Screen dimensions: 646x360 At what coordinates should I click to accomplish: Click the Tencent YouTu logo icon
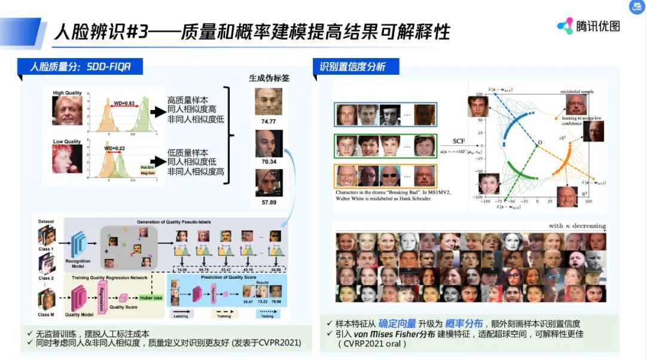(565, 26)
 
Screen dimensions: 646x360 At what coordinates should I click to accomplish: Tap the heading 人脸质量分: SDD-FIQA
(80, 66)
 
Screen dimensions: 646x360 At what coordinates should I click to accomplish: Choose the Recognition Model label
(79, 263)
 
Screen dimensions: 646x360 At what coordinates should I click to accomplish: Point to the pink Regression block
(102, 295)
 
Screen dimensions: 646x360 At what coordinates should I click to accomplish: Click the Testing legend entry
(267, 315)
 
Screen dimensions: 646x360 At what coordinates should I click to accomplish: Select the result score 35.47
(247, 303)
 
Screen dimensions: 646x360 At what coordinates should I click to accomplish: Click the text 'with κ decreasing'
(576, 226)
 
